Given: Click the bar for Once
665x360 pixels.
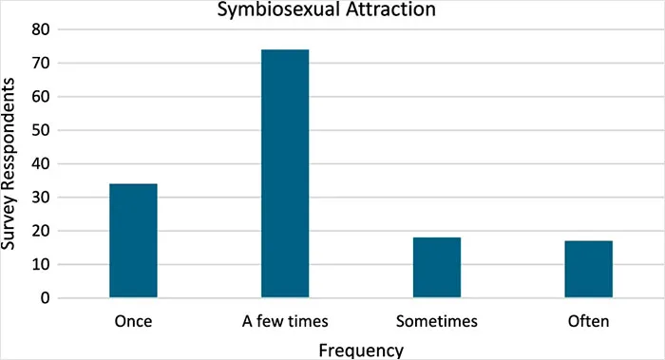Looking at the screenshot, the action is coord(133,240).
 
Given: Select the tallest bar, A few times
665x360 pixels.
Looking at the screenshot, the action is coord(285,174).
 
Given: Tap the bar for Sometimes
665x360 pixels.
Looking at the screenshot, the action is coord(437,268).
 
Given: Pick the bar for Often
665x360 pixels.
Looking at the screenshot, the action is coord(589,269).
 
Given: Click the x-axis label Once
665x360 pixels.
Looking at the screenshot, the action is coord(133,321).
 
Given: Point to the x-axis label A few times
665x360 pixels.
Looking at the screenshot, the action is coord(285,321).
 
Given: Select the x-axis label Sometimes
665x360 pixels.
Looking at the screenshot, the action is coord(437,321).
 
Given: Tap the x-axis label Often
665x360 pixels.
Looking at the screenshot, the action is coord(589,321).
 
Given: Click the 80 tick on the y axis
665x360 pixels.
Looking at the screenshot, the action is coord(40,29).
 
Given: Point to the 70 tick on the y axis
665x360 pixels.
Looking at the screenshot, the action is coord(40,64).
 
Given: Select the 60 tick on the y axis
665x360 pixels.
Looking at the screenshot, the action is coord(40,97).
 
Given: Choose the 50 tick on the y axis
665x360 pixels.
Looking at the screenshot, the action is coord(40,130).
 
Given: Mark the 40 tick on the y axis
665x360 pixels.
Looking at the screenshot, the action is coord(40,163).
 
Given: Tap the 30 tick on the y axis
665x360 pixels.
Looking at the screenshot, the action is coord(40,198).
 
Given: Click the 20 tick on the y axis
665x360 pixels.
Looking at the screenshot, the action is coord(40,231).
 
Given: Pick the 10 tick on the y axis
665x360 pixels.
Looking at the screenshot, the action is coord(40,265).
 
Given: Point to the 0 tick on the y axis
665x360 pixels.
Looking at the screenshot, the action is coord(45,298).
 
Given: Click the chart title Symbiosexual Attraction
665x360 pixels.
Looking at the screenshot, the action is coord(326,9).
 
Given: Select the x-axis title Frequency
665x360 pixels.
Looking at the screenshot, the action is coord(361,351).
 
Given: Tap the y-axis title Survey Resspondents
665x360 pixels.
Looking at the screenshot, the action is coord(8,163).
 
